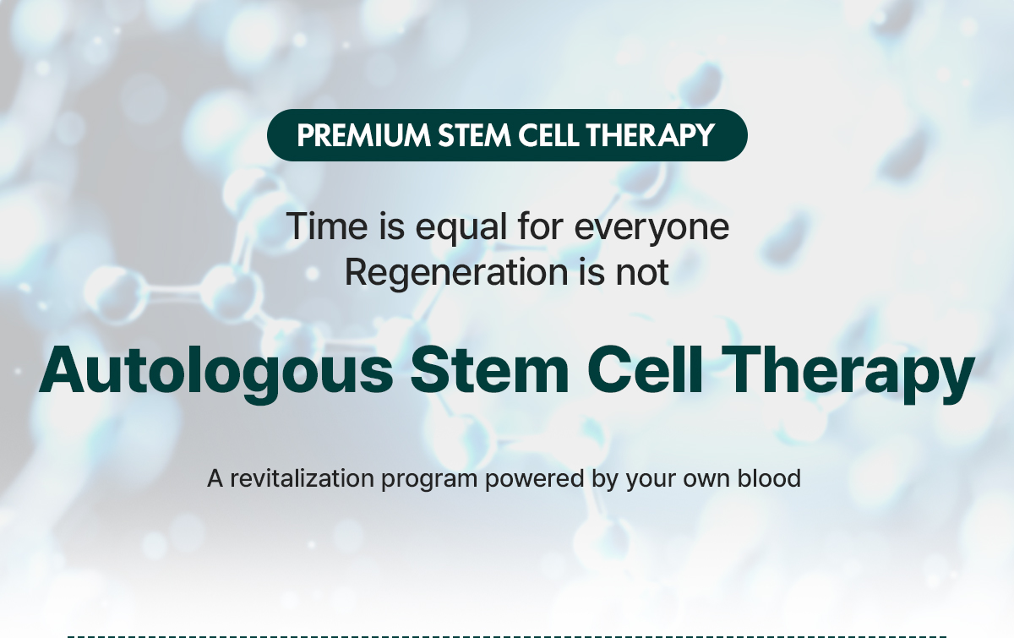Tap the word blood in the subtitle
coord(768,478)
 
